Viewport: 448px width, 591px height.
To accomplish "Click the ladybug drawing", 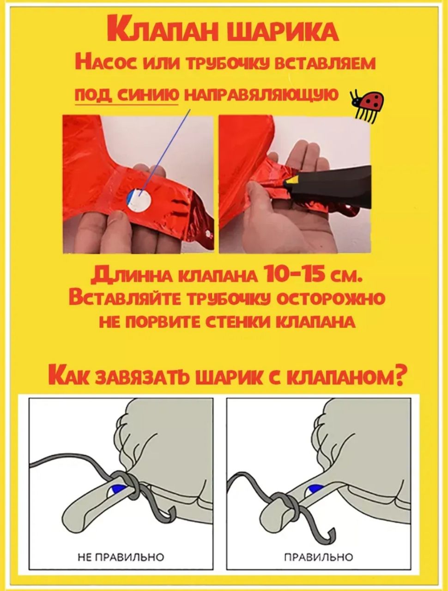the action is tap(366, 106).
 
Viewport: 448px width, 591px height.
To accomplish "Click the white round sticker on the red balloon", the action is tap(139, 200).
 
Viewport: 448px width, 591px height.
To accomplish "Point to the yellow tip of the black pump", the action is tap(291, 182).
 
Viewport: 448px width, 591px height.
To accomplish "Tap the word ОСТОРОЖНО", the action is tap(327, 298).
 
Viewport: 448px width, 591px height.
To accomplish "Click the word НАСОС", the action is tap(106, 64).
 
